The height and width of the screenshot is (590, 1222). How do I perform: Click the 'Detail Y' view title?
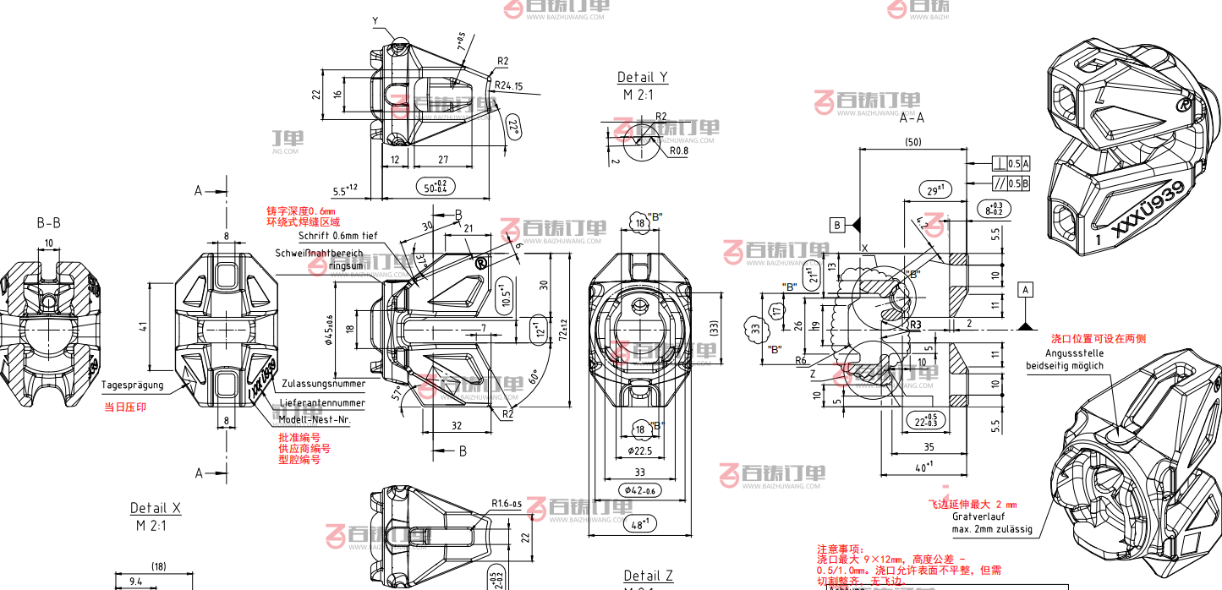(642, 78)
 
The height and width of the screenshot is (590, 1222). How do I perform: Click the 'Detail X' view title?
(155, 508)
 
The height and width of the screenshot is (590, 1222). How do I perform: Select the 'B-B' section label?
(48, 223)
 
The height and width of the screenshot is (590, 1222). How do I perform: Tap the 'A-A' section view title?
(911, 119)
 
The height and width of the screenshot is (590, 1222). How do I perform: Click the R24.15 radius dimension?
(509, 86)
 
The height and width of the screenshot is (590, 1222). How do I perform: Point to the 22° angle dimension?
(513, 128)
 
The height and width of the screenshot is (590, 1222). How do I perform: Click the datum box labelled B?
(837, 225)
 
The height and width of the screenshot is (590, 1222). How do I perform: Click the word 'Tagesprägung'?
(131, 385)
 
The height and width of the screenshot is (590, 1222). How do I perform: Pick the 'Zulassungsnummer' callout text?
(324, 383)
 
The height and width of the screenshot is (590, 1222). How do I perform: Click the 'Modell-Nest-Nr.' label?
(315, 419)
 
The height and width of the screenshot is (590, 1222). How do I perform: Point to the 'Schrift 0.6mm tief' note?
(326, 236)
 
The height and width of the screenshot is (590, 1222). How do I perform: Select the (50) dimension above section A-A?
(912, 142)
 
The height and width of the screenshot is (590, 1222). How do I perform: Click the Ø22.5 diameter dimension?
(641, 451)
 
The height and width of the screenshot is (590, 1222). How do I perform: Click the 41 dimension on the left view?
(145, 327)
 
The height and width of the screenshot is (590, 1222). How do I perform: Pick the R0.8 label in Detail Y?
(679, 151)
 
